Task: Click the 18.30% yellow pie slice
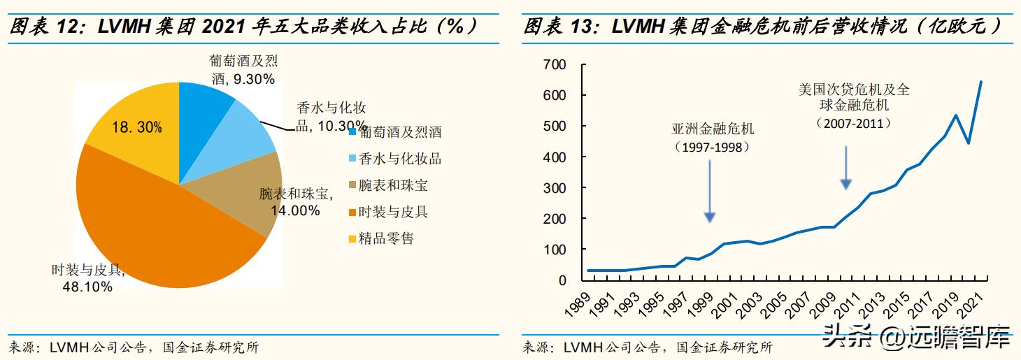(x=133, y=119)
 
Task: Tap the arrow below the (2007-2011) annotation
(x=846, y=168)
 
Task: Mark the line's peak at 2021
(x=980, y=82)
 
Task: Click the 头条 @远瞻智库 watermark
(x=915, y=338)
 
